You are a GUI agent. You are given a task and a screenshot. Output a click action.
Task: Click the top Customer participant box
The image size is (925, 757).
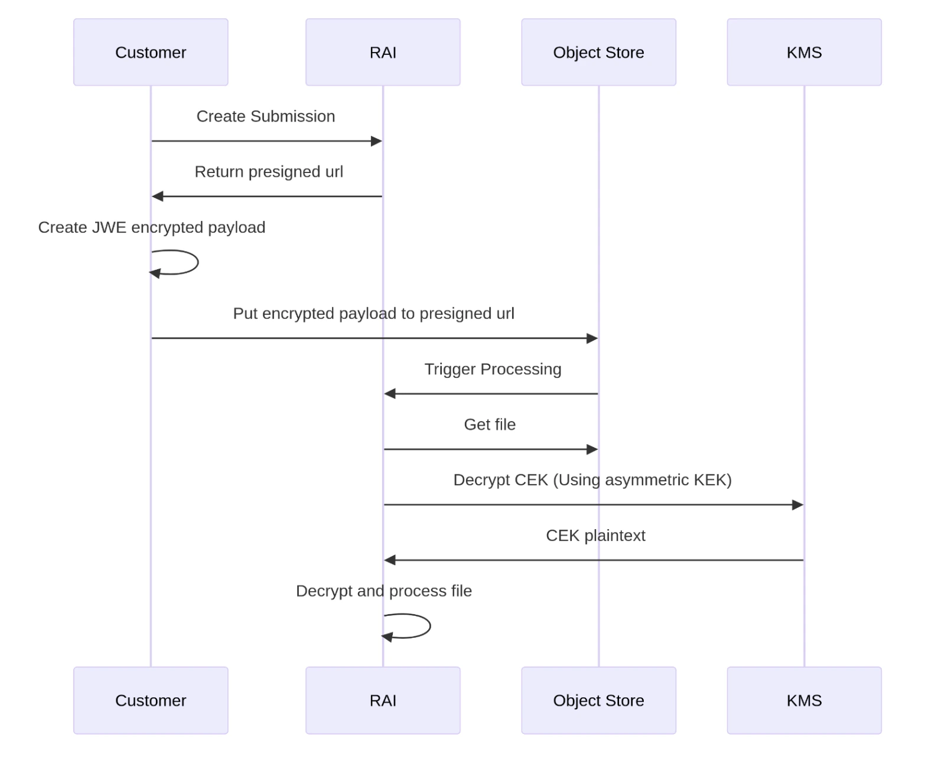click(151, 52)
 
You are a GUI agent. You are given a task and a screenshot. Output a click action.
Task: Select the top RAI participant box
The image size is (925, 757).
click(383, 52)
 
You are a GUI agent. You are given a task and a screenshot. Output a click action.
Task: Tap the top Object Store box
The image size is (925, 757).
click(598, 52)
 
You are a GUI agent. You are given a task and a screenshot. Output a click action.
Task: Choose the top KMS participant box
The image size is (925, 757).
click(804, 52)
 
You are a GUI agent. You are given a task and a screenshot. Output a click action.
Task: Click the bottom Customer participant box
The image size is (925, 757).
click(151, 700)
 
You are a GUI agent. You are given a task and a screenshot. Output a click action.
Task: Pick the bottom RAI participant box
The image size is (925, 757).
click(383, 700)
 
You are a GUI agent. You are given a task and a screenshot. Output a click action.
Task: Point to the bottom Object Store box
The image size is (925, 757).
click(598, 700)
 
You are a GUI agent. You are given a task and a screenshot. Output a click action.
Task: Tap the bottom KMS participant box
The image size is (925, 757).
click(804, 700)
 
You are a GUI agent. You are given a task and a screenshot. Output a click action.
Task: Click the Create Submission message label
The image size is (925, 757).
click(266, 116)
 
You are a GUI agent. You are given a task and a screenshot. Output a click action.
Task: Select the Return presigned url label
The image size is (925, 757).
click(269, 172)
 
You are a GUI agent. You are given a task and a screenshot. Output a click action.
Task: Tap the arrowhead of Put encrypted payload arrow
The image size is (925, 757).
click(592, 338)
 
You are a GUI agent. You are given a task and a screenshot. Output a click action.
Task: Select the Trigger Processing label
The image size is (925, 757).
click(493, 369)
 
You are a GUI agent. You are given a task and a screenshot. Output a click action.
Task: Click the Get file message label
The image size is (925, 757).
click(490, 425)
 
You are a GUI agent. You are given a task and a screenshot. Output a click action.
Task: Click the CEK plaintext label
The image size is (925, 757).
click(595, 536)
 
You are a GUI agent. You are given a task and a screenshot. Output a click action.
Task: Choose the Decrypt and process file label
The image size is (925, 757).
click(384, 591)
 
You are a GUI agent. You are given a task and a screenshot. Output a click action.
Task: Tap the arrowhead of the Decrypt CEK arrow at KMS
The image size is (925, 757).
click(797, 505)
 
